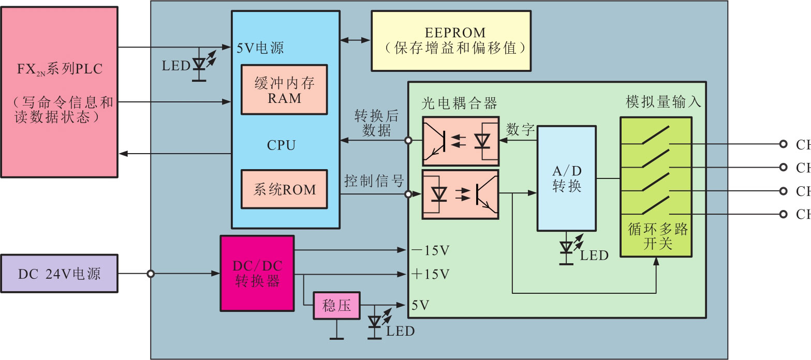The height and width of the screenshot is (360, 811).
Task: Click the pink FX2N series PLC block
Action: [60, 91]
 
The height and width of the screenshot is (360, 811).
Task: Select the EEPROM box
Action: [451, 40]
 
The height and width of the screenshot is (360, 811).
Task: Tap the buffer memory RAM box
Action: [284, 89]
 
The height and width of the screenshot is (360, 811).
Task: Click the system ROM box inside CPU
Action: [284, 189]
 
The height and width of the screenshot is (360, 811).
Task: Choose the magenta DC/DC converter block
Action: [257, 273]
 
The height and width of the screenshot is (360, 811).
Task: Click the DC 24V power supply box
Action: [59, 274]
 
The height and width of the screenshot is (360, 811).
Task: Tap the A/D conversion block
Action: [567, 178]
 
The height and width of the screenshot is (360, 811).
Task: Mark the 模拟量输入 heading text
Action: [663, 102]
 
